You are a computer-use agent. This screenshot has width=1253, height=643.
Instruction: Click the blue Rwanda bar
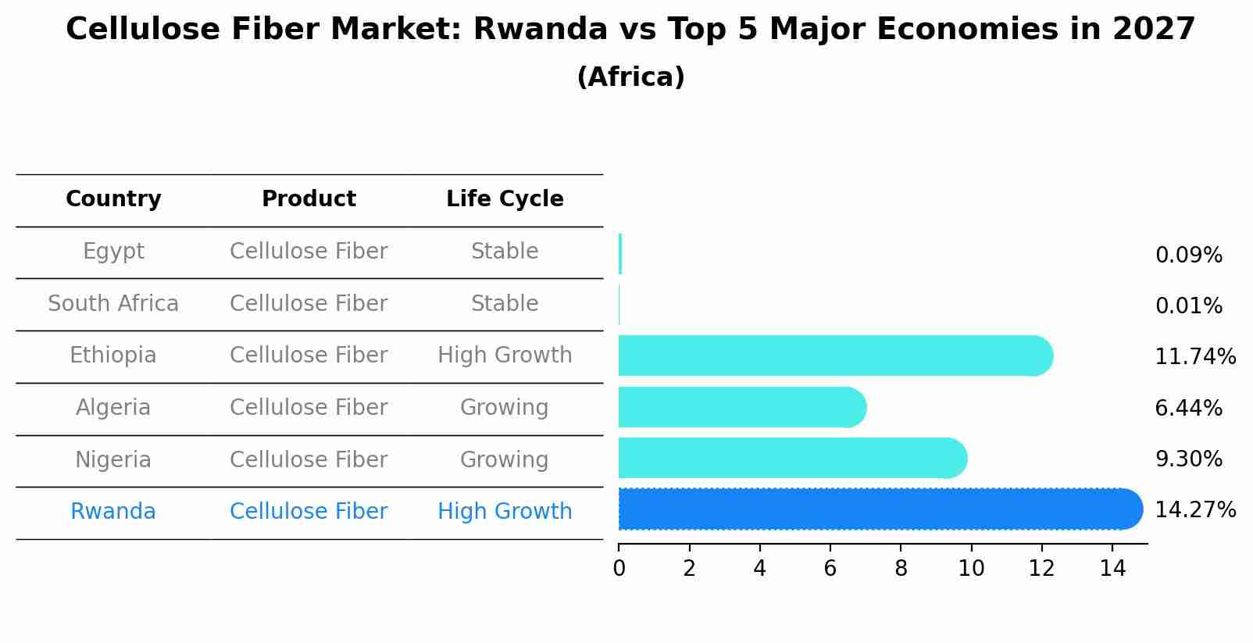tap(879, 509)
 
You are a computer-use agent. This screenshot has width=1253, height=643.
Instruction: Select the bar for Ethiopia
tap(834, 356)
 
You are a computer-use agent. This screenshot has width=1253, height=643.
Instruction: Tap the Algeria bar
tap(741, 407)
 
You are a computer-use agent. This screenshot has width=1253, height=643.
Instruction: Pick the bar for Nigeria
tap(791, 459)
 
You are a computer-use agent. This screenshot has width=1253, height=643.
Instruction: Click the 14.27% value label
tap(1194, 510)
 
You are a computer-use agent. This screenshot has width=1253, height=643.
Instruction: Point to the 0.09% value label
tap(1188, 255)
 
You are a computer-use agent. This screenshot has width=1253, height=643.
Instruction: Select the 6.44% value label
tap(1188, 408)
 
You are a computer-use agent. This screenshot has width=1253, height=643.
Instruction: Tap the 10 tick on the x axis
tap(971, 569)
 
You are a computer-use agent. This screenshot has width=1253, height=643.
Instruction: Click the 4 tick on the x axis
tap(759, 569)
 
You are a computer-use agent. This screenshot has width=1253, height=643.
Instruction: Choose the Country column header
tap(113, 199)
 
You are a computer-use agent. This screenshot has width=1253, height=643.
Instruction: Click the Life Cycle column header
tap(505, 199)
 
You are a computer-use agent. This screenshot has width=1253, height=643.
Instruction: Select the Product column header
tap(309, 199)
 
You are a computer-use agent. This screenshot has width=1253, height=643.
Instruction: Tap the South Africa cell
tap(113, 304)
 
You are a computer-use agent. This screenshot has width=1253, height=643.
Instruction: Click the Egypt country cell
tap(113, 252)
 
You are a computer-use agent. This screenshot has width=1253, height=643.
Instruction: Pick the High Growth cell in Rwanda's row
tap(505, 512)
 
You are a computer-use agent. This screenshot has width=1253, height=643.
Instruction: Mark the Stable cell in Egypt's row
tap(505, 252)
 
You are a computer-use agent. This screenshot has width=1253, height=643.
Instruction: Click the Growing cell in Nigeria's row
tap(505, 459)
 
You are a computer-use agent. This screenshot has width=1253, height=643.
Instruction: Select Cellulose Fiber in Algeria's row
tap(309, 408)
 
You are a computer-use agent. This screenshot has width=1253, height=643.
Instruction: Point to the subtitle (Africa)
tap(630, 77)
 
